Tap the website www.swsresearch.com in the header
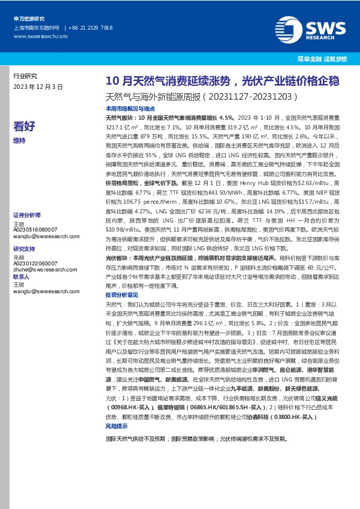(x=35, y=36)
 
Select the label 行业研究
(x=25, y=76)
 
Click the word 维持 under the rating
(x=19, y=140)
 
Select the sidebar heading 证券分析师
(x=26, y=215)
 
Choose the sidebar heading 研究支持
(x=24, y=248)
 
